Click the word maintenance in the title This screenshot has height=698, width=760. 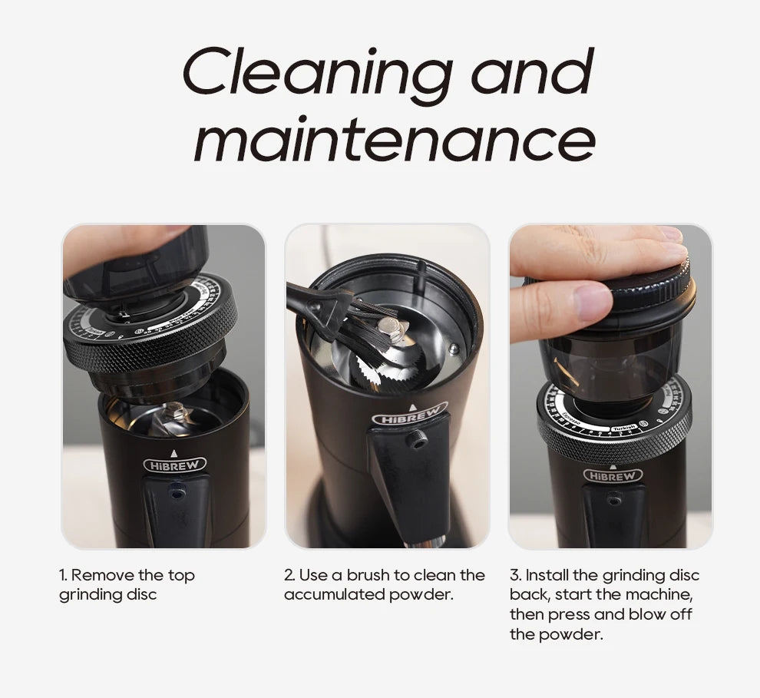pyautogui.click(x=394, y=139)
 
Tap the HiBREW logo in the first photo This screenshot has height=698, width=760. pyautogui.click(x=175, y=465)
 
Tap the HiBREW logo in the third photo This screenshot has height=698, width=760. pyautogui.click(x=613, y=476)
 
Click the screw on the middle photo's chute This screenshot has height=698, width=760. pyautogui.click(x=416, y=440)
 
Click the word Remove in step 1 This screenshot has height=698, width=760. pyautogui.click(x=102, y=575)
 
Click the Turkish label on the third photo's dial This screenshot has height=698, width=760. pyautogui.click(x=624, y=428)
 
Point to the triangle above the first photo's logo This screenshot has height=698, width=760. pyautogui.click(x=174, y=453)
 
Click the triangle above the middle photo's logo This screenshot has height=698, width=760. pyautogui.click(x=412, y=408)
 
